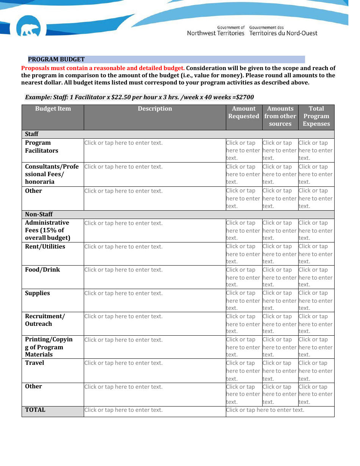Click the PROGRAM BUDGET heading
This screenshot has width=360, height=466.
tap(56, 59)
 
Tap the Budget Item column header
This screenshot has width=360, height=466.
tap(53, 109)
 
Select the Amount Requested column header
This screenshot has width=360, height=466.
tap(244, 113)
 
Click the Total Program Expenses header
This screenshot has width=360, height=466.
tap(316, 116)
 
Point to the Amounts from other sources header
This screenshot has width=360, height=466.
tap(280, 116)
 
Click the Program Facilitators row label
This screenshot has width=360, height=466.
tap(41, 147)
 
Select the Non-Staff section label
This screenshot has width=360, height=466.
tap(39, 214)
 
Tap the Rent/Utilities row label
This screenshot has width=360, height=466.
tap(45, 247)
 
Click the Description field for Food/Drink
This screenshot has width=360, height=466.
tap(123, 270)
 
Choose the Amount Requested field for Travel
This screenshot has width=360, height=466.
tap(243, 371)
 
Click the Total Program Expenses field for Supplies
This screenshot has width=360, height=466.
tap(315, 300)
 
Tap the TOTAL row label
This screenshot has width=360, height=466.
tap(35, 410)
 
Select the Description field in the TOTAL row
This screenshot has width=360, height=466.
tap(123, 410)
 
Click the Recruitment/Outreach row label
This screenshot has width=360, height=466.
tap(45, 320)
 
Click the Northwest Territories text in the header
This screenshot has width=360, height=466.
tap(216, 33)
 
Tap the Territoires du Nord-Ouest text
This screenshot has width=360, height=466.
tap(283, 33)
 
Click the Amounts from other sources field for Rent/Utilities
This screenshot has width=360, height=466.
tap(279, 254)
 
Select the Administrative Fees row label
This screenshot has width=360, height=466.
tap(47, 230)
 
